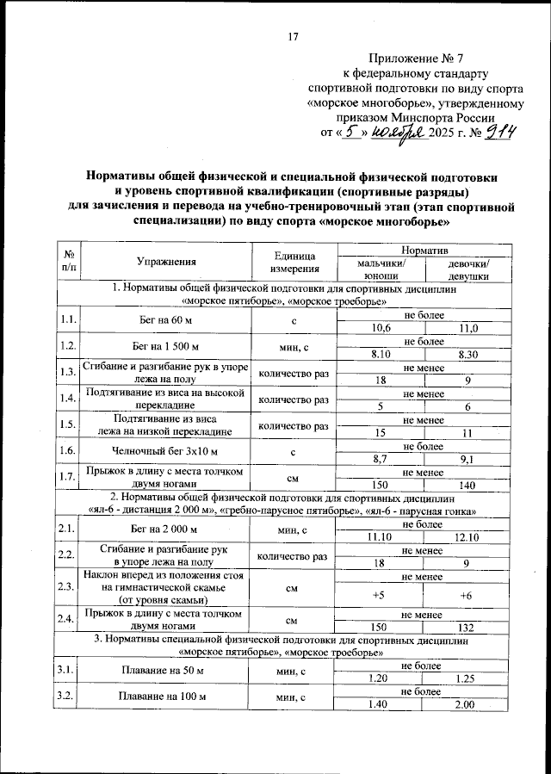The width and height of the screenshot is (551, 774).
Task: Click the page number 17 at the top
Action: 292,36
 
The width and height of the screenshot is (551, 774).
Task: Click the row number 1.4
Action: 67,399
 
